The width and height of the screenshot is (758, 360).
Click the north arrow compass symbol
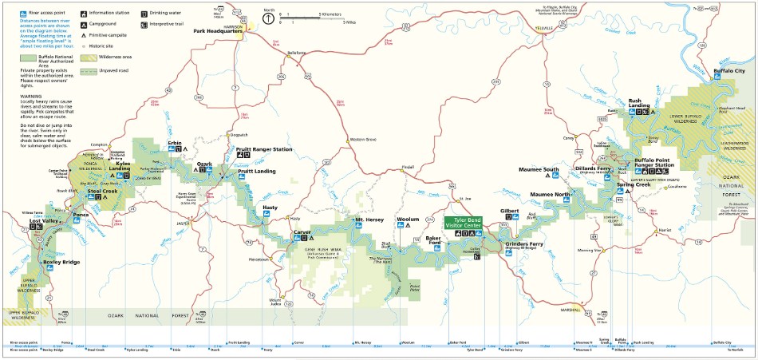269,17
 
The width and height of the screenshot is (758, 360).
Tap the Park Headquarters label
219,33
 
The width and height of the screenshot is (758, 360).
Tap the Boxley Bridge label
61,262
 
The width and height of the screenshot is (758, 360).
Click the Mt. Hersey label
369,219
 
